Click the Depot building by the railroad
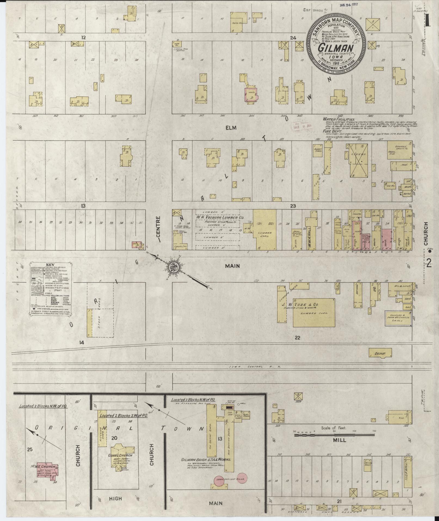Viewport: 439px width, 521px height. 380,353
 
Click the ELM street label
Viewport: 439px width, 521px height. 232,127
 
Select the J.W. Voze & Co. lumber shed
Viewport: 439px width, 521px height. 314,313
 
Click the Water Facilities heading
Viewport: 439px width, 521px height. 339,119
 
